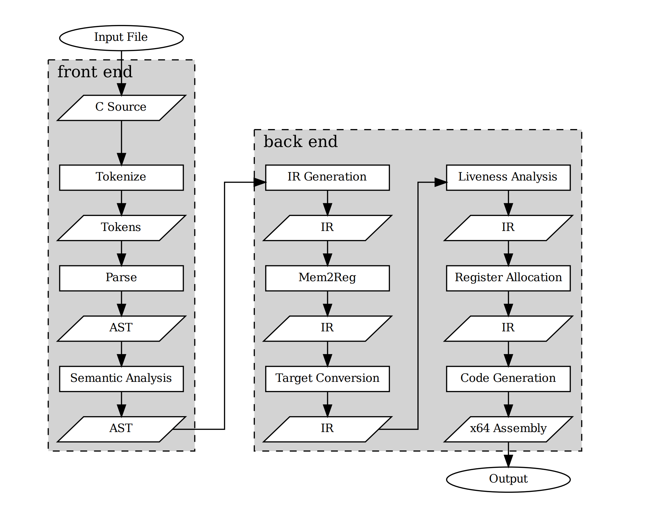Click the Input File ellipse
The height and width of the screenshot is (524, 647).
pos(121,38)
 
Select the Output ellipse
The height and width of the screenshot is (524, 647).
pos(508,479)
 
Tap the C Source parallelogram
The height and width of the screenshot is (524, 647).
pos(121,108)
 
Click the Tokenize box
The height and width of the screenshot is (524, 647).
pos(121,177)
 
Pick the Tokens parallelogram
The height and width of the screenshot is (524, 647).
pos(121,228)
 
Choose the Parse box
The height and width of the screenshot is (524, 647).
pos(121,278)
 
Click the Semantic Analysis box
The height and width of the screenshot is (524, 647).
pos(121,379)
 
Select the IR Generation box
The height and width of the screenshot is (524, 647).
pos(327,177)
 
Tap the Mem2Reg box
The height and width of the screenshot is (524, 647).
pos(327,278)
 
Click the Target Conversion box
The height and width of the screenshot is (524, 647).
pos(327,379)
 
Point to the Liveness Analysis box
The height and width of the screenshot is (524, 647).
pos(508,177)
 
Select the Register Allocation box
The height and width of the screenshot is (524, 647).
pos(508,278)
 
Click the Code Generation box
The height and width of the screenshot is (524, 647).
pos(508,379)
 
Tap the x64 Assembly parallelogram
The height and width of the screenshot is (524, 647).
pos(508,429)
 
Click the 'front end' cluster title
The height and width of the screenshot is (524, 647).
pos(95,72)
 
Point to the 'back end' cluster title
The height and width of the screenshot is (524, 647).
pos(300,142)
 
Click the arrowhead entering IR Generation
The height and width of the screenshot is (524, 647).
pos(260,182)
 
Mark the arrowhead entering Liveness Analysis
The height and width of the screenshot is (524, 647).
pos(440,182)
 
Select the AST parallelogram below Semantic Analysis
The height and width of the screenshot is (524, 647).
pos(121,429)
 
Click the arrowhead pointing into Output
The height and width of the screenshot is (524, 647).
pos(508,461)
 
